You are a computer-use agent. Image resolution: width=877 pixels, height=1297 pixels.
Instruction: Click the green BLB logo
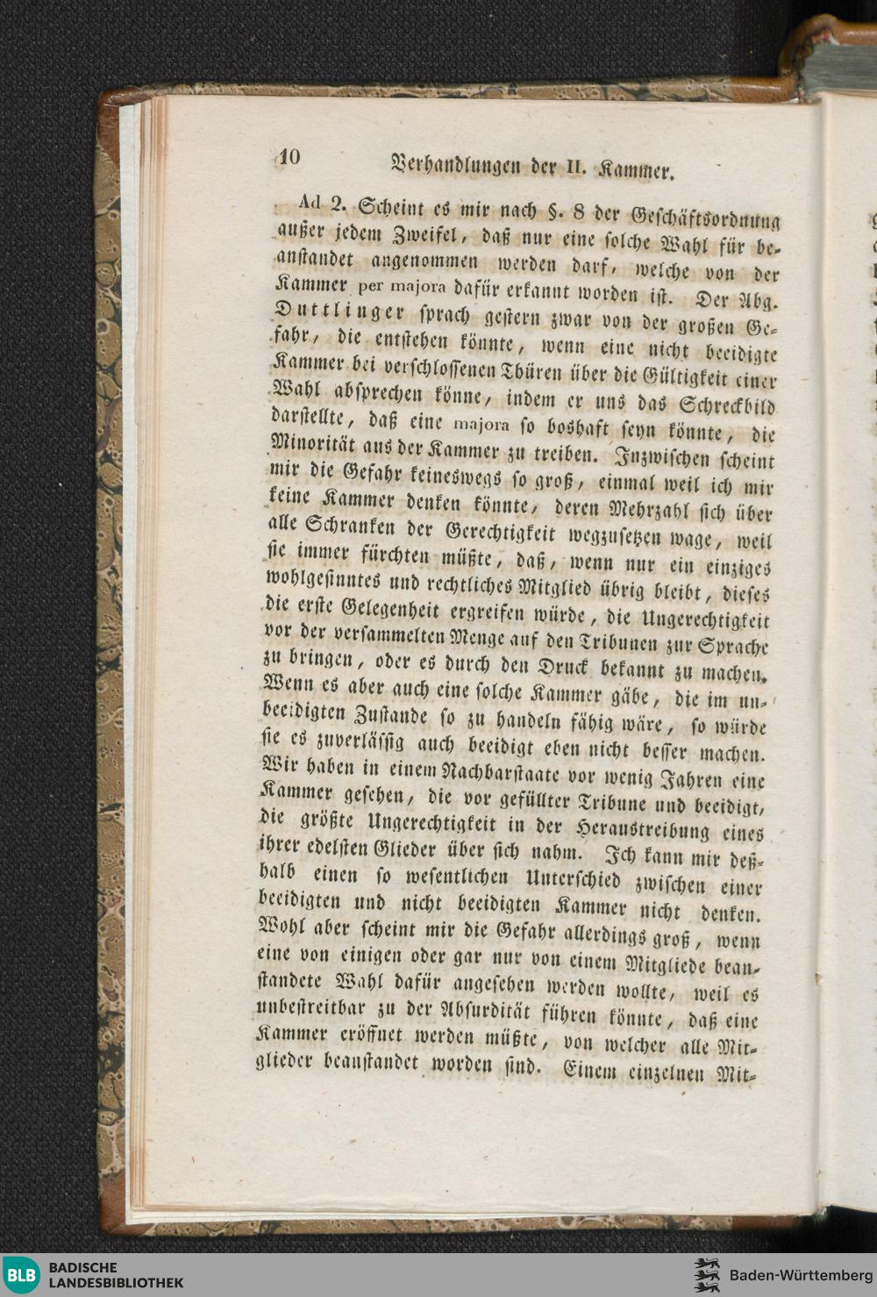(x=22, y=1275)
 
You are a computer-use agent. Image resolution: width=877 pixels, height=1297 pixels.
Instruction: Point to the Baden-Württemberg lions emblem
(x=706, y=1275)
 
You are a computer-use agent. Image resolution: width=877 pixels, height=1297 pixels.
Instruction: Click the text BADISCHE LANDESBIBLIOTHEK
(x=116, y=1275)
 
